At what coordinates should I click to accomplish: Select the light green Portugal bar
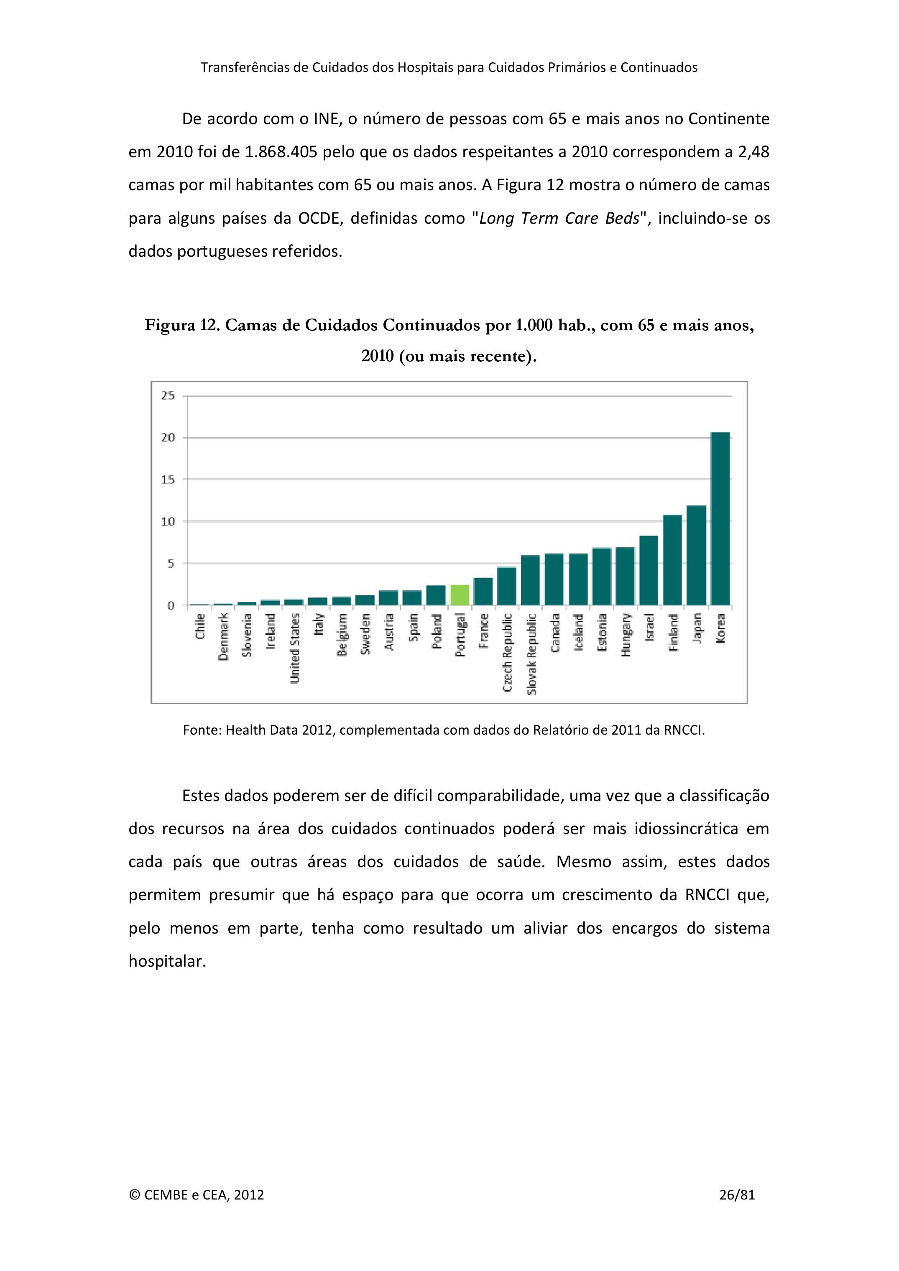coord(460,595)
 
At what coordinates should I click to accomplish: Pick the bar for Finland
coord(673,560)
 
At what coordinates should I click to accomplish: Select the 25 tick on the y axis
coord(168,396)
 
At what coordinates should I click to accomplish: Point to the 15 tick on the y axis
coord(168,480)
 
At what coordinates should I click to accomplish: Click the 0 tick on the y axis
coord(171,606)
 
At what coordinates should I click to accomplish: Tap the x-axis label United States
coord(295,648)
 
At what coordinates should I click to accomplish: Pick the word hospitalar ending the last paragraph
coord(167,962)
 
